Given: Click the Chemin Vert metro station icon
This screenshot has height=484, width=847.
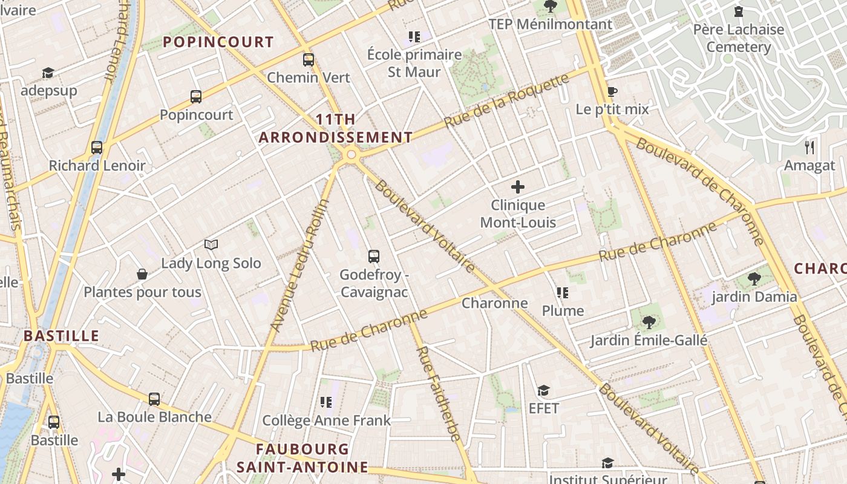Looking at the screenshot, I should click(309, 59).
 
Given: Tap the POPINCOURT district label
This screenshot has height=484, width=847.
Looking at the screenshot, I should click(218, 42).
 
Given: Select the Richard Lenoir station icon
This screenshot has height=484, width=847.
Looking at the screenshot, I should click(97, 147).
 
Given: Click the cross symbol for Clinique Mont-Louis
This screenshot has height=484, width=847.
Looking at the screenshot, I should click(518, 187).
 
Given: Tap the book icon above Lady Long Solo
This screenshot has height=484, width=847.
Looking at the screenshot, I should click(211, 244).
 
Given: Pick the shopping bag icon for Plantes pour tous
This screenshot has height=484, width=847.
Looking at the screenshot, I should click(142, 274).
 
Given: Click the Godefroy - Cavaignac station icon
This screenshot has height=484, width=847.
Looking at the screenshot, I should click(374, 256).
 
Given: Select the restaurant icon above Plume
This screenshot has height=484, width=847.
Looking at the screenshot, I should click(563, 293).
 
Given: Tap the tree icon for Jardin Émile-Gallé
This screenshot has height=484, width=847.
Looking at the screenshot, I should click(649, 322).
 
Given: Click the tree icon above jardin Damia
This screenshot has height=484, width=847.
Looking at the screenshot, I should click(754, 278).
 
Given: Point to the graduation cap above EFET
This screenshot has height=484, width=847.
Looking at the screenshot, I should click(543, 390).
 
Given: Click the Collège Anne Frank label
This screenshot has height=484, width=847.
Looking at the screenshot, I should click(326, 420).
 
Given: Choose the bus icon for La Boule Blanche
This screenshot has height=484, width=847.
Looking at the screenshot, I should click(154, 399).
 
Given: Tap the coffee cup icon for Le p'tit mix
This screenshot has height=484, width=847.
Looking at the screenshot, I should click(612, 91).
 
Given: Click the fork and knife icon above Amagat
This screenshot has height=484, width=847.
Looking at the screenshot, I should click(809, 147).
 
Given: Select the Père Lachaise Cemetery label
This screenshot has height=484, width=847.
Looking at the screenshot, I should click(738, 38).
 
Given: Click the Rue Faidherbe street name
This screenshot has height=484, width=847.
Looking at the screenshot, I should click(439, 393).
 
